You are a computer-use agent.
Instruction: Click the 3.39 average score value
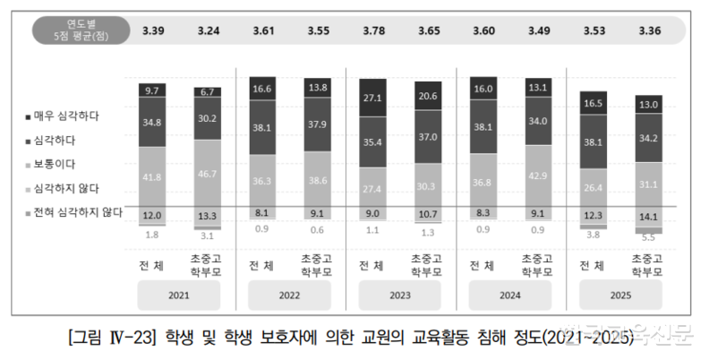[x=152, y=31]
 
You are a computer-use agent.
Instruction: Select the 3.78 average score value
[x=373, y=31]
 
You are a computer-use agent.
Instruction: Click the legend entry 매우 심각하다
[x=66, y=116]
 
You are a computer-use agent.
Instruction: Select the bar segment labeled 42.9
[x=539, y=176]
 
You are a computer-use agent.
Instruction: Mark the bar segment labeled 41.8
[x=152, y=177]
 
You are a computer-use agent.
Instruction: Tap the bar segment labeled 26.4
[x=594, y=187]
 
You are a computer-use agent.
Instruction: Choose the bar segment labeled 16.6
[x=263, y=89]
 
